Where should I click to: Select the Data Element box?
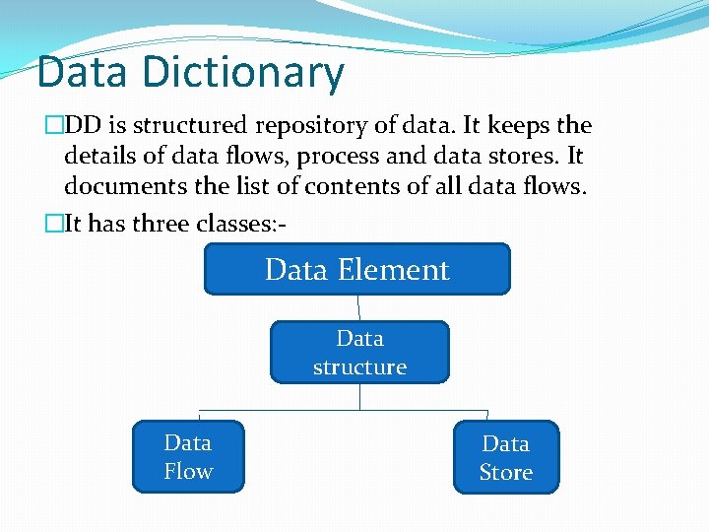(x=356, y=270)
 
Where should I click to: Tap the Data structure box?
(x=359, y=353)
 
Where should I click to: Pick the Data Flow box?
(x=188, y=457)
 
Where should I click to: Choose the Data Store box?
(x=505, y=458)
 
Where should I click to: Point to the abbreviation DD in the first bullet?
(x=81, y=126)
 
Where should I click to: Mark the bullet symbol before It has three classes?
(x=53, y=224)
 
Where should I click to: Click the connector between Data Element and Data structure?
(x=358, y=308)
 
